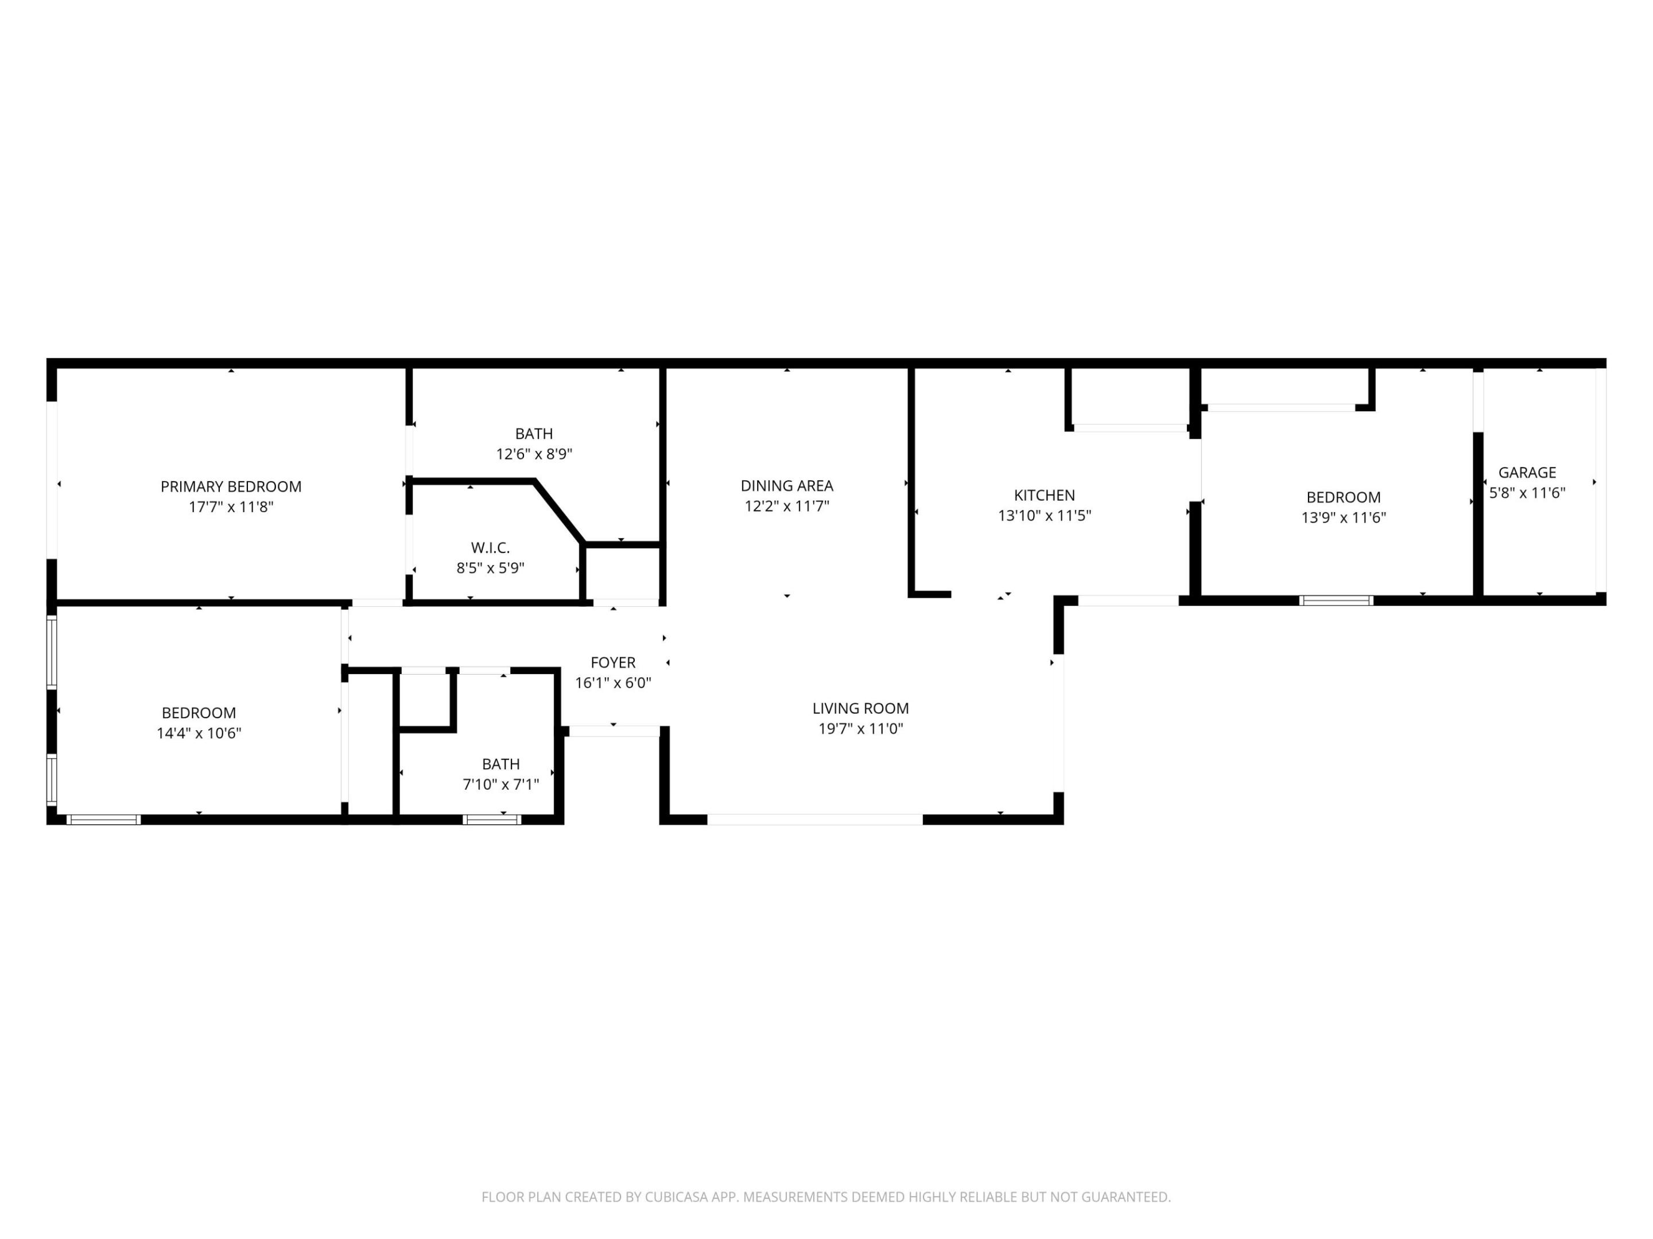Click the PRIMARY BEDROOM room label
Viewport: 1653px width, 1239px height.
tap(231, 487)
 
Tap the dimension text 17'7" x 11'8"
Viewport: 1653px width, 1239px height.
tap(231, 507)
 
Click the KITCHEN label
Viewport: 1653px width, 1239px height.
tap(1044, 495)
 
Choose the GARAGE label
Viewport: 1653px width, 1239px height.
tap(1527, 473)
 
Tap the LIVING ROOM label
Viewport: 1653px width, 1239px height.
tap(860, 708)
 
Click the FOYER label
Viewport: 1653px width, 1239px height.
tap(613, 663)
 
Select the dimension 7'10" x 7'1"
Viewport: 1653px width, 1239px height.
tap(500, 784)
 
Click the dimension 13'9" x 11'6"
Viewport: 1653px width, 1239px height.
tap(1343, 517)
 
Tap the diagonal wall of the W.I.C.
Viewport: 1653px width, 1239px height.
tap(560, 512)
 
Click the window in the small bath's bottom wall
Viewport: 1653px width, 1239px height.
tap(492, 819)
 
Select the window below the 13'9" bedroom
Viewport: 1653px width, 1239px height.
tap(1336, 601)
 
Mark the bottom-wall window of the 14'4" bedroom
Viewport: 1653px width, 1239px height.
tap(103, 819)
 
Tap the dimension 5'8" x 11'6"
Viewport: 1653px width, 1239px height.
tap(1527, 493)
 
